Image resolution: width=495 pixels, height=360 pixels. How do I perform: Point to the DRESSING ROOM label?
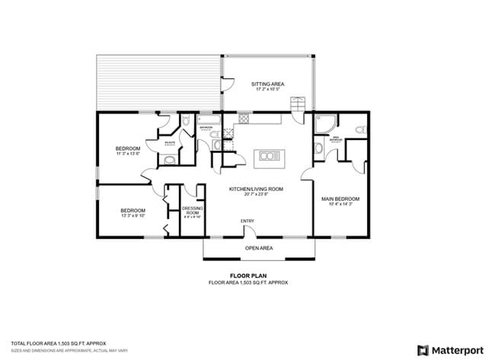192,210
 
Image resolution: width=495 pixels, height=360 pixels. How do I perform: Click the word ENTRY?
247,221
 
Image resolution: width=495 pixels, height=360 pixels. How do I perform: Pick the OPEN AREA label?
258,248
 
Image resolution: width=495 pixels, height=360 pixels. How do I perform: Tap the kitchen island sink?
269,157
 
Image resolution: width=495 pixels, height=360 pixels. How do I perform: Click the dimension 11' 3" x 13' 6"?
128,154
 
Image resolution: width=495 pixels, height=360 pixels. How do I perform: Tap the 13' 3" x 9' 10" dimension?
133,216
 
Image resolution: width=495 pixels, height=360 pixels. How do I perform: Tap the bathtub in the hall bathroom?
208,119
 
